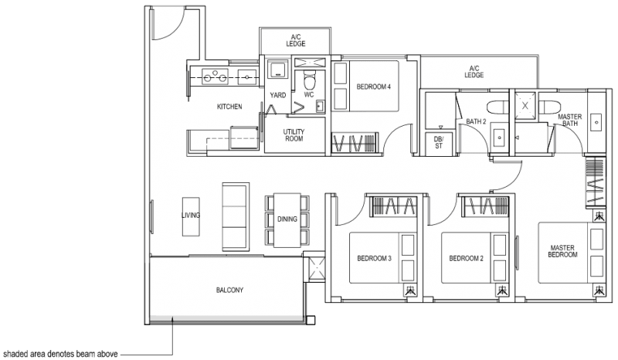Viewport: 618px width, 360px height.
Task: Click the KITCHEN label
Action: pyautogui.click(x=229, y=107)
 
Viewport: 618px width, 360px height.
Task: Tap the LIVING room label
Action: pyautogui.click(x=191, y=216)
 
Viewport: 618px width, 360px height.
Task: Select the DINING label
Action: pyautogui.click(x=287, y=219)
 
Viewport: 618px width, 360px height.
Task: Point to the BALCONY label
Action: pyautogui.click(x=229, y=290)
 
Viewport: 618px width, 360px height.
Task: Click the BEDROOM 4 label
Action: pyautogui.click(x=373, y=87)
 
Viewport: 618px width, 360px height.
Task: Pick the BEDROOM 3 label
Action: pyautogui.click(x=374, y=258)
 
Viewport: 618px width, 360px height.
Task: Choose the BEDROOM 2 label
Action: pyautogui.click(x=466, y=258)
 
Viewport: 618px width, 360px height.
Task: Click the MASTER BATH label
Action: pyautogui.click(x=570, y=120)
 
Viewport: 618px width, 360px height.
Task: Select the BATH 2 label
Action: pyautogui.click(x=476, y=121)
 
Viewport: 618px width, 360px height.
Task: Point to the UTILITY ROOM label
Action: pyautogui.click(x=294, y=136)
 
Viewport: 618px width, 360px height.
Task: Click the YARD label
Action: pyautogui.click(x=278, y=96)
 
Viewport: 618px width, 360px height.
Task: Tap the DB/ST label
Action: pyautogui.click(x=438, y=142)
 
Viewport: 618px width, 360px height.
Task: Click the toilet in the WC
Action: pyautogui.click(x=310, y=79)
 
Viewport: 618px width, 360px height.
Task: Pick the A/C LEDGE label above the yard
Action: pyautogui.click(x=296, y=40)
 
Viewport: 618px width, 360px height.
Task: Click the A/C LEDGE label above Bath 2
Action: pyautogui.click(x=474, y=72)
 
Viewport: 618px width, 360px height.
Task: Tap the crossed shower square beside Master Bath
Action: pyautogui.click(x=525, y=106)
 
